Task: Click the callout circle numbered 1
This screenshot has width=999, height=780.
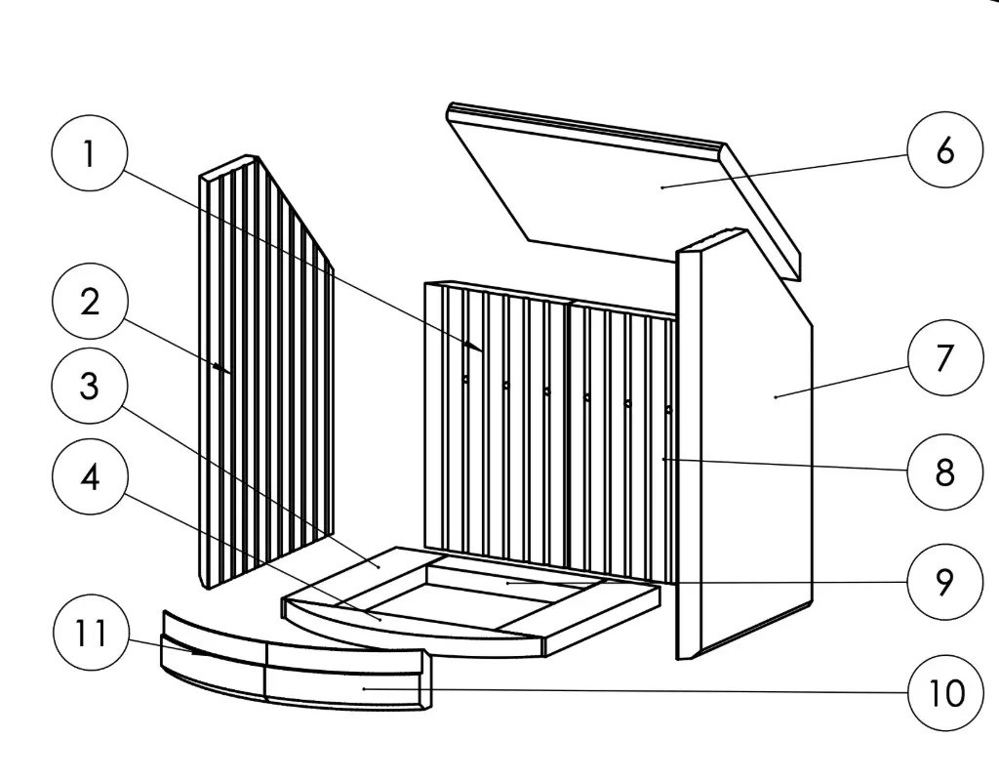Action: click(x=89, y=154)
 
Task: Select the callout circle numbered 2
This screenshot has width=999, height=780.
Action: click(x=89, y=303)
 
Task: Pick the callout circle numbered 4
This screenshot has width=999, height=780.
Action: click(x=89, y=478)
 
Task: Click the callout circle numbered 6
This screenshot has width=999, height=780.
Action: click(x=944, y=150)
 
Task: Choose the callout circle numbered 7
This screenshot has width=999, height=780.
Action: click(x=944, y=358)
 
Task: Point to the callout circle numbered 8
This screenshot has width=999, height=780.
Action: click(x=944, y=472)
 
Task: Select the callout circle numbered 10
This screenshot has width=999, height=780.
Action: click(x=944, y=693)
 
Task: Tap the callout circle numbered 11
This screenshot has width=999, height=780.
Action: click(x=89, y=635)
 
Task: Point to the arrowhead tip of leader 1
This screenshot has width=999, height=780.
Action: click(x=482, y=349)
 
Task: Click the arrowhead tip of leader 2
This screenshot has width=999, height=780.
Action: click(x=216, y=367)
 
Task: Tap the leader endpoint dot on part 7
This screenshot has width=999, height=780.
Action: click(x=776, y=396)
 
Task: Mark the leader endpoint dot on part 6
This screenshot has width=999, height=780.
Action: click(x=662, y=185)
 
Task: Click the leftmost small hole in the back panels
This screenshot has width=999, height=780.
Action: click(x=465, y=380)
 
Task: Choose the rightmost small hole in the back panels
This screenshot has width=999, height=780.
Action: click(x=668, y=409)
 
